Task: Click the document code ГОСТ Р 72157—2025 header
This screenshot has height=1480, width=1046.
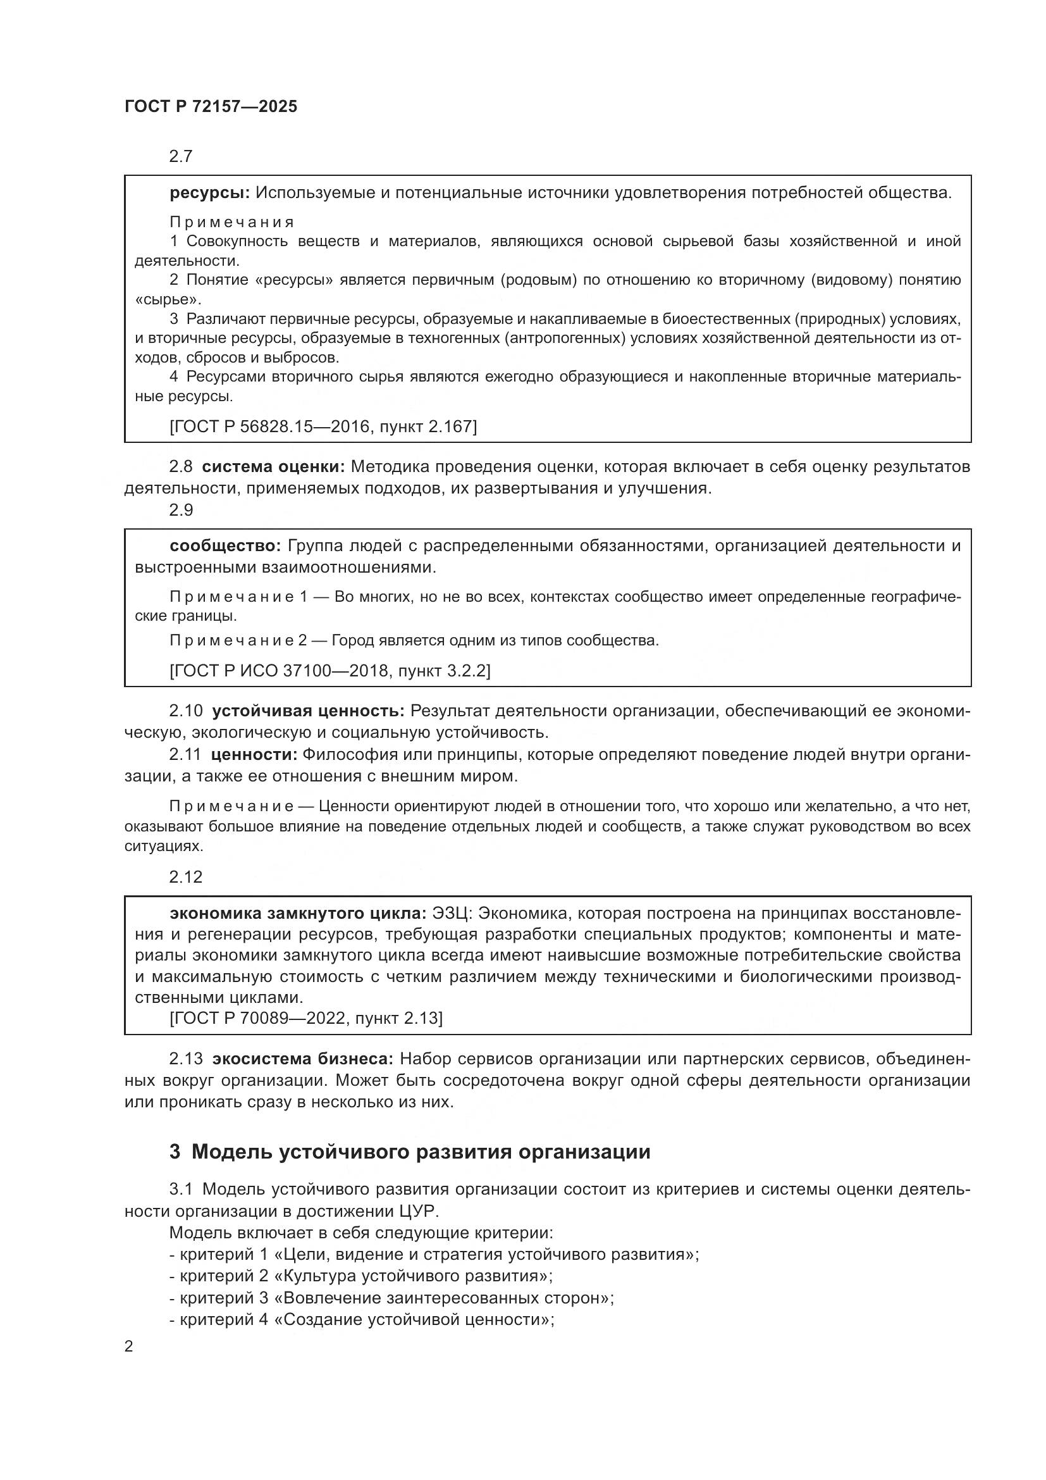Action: pyautogui.click(x=211, y=107)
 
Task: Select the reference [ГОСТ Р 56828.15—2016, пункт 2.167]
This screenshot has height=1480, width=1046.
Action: pyautogui.click(x=323, y=426)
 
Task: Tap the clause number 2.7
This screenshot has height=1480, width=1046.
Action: pyautogui.click(x=180, y=157)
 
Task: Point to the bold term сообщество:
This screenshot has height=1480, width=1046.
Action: pyautogui.click(x=225, y=546)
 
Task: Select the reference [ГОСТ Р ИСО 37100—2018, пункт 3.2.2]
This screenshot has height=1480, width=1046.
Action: pyautogui.click(x=329, y=671)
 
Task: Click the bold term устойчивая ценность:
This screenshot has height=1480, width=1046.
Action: pyautogui.click(x=308, y=711)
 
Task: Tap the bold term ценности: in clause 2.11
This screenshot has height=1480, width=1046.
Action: pyautogui.click(x=253, y=755)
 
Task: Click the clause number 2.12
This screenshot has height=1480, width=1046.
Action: pyautogui.click(x=185, y=876)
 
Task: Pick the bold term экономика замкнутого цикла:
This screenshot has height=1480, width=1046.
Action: pyautogui.click(x=298, y=914)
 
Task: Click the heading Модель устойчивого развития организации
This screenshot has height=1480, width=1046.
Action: pyautogui.click(x=420, y=1151)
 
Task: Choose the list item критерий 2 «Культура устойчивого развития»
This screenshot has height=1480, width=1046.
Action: pyautogui.click(x=360, y=1276)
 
